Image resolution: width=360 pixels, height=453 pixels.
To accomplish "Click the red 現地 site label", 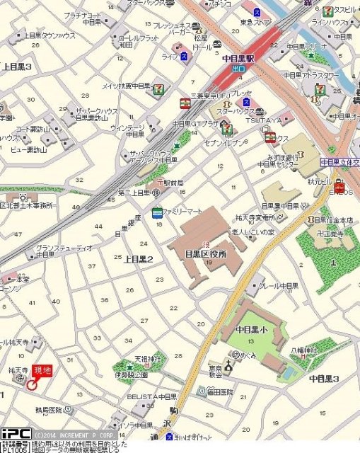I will [x=42, y=371].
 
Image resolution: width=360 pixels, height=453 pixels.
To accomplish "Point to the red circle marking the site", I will [x=31, y=384].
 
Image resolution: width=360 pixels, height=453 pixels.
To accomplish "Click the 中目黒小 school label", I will [x=252, y=329].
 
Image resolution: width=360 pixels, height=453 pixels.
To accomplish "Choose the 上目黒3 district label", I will [x=17, y=66].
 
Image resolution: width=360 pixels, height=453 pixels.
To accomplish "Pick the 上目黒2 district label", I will [x=139, y=259].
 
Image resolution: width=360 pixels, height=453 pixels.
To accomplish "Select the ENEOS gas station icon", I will [x=339, y=188].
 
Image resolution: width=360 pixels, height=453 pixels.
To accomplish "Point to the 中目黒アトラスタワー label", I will [x=308, y=74].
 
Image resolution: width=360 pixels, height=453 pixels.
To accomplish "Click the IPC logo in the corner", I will [x=15, y=432].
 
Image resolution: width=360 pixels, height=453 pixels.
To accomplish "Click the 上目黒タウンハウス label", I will [x=49, y=35].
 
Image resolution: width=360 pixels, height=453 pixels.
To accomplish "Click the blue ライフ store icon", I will [x=183, y=55].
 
